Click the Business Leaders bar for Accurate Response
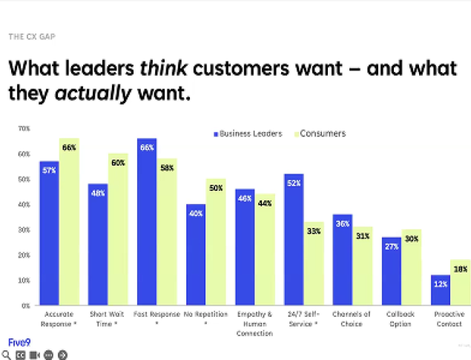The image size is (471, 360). (49, 233)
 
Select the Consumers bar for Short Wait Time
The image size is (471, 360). (118, 229)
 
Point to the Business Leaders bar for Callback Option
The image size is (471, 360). (392, 271)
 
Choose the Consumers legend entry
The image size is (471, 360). (320, 134)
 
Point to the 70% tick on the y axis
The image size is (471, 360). (24, 128)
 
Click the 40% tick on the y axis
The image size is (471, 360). (24, 204)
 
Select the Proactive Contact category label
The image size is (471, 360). (449, 319)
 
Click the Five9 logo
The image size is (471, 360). (18, 342)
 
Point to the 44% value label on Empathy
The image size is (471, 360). (265, 204)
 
